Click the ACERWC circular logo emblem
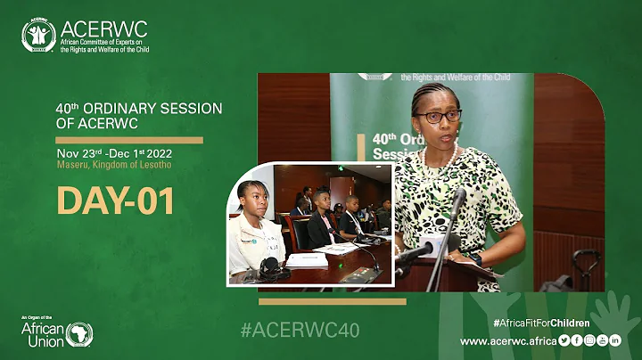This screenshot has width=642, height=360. [x=38, y=35]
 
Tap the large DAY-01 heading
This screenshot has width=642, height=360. [x=115, y=201]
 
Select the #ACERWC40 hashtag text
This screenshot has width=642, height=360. [x=300, y=331]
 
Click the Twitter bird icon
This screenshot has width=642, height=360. [x=564, y=340]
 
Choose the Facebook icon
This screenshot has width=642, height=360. [x=577, y=340]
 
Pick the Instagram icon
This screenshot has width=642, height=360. [x=589, y=340]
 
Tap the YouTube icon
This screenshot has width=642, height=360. [x=602, y=340]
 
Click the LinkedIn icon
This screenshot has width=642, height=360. [x=615, y=340]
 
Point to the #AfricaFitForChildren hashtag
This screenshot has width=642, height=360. [x=540, y=323]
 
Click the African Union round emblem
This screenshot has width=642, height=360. [x=78, y=335]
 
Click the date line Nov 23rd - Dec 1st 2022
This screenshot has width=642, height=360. [x=125, y=152]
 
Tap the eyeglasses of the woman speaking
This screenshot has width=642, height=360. [x=438, y=116]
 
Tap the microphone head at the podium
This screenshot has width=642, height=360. [x=458, y=200]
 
